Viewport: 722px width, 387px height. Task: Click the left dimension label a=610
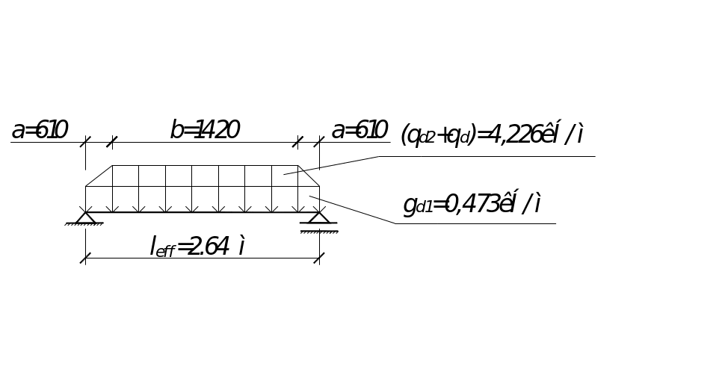click(40, 131)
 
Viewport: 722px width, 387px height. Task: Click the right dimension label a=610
click(360, 131)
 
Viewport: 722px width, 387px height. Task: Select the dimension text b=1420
click(204, 131)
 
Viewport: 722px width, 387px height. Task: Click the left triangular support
click(86, 217)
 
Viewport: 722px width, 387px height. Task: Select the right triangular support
click(319, 217)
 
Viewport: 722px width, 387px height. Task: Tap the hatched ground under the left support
click(84, 225)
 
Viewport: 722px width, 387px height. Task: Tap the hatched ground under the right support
click(319, 232)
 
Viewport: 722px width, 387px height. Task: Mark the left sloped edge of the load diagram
click(98, 176)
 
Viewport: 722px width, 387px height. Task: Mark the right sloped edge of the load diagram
click(309, 176)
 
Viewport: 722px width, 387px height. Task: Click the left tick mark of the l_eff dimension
click(86, 258)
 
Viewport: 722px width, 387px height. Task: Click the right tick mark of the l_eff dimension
click(319, 258)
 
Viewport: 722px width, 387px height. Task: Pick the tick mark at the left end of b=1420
click(112, 141)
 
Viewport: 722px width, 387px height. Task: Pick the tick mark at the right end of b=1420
click(299, 141)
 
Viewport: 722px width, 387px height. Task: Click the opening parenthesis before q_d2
click(404, 135)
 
